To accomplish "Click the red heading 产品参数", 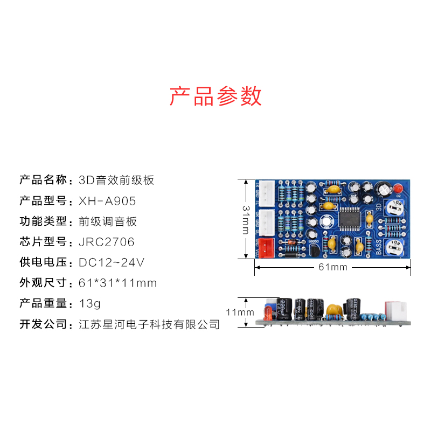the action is [x=215, y=96].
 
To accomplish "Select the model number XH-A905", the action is [x=107, y=201].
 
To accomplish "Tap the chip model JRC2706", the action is [x=107, y=242].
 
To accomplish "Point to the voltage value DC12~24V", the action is [x=112, y=262].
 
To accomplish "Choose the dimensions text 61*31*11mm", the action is [x=117, y=283].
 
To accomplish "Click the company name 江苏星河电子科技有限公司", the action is [x=149, y=324].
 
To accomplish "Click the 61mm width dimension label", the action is [x=332, y=267].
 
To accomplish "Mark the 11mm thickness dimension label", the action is [x=239, y=312].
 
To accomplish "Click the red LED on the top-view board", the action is [x=398, y=189].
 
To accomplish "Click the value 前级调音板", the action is [x=108, y=221].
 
